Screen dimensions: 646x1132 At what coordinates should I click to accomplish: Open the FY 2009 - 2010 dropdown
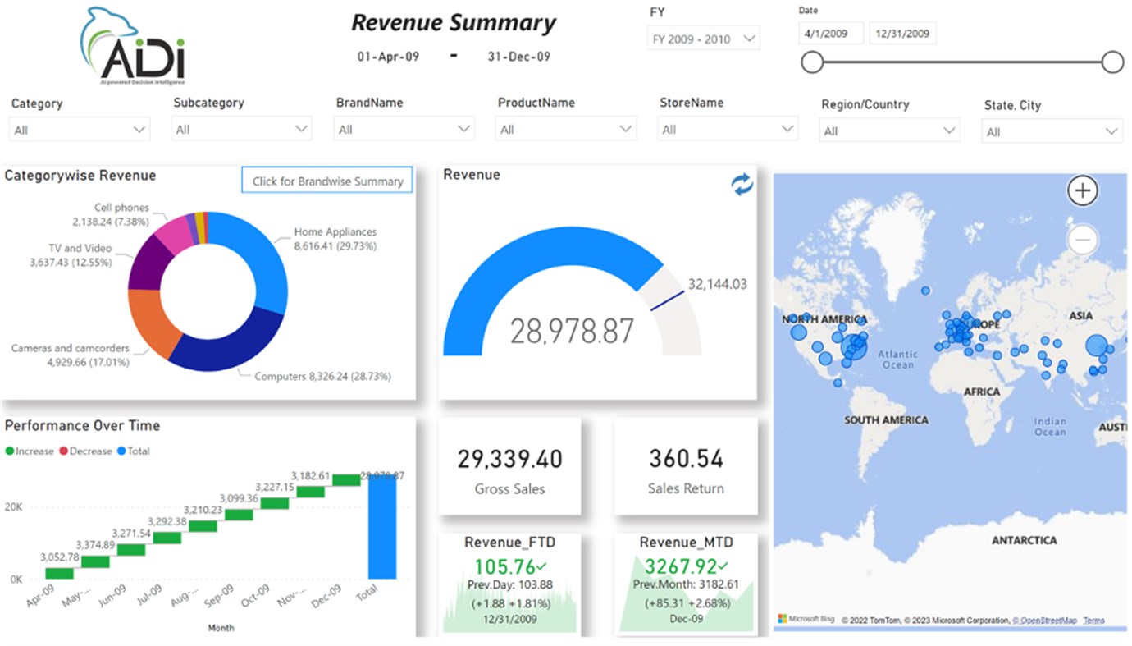click(x=703, y=39)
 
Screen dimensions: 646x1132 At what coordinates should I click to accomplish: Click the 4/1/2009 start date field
click(x=831, y=34)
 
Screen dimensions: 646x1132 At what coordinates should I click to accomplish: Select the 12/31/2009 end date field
click(x=901, y=34)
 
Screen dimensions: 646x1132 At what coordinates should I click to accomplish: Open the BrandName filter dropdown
click(x=404, y=129)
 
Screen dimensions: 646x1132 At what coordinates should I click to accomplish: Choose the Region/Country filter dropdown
click(x=889, y=131)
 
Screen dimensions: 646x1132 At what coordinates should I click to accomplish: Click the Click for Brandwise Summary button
click(x=327, y=181)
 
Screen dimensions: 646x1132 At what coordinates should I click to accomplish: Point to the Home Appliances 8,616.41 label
click(x=335, y=239)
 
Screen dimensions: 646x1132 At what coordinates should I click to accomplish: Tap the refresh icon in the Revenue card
click(x=742, y=186)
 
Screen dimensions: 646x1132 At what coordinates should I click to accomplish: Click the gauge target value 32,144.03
click(x=718, y=284)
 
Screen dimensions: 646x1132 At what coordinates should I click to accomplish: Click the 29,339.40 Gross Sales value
click(x=509, y=459)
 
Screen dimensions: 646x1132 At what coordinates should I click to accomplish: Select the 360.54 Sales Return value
click(x=685, y=459)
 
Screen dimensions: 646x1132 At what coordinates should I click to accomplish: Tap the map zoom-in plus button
click(x=1083, y=190)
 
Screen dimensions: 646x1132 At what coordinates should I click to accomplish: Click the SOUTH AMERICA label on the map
click(x=886, y=420)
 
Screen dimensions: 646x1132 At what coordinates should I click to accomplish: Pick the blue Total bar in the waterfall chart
click(x=381, y=527)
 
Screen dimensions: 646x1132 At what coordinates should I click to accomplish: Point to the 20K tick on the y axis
click(x=13, y=507)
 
